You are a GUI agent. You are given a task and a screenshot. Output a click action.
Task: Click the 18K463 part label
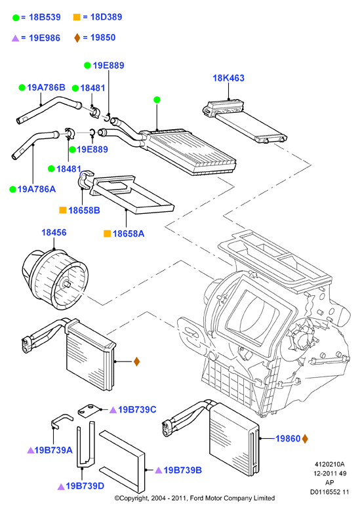coord(228,78)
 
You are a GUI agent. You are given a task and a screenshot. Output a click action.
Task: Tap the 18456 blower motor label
coord(54,233)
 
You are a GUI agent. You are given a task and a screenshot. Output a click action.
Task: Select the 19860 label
coord(288,439)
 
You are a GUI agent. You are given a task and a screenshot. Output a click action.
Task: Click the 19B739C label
coord(137,409)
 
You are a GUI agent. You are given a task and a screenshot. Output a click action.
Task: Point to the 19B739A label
coord(53,451)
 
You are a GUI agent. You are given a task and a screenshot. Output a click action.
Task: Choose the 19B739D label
coord(85,486)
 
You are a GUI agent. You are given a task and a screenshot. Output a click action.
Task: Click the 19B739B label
coord(183,470)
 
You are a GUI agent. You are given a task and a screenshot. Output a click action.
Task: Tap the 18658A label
coord(129,234)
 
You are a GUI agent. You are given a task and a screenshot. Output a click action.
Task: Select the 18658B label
coord(84,211)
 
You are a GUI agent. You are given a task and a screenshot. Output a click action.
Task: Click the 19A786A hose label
coord(37,190)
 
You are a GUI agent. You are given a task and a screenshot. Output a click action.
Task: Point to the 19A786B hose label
coord(47,88)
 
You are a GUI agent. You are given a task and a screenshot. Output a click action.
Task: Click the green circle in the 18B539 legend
coord(16,18)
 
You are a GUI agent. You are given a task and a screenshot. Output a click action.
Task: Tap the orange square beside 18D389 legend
coord(77,17)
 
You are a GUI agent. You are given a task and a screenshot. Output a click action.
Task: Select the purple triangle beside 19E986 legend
coord(15,38)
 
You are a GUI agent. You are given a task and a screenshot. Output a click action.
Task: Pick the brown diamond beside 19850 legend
coord(77,38)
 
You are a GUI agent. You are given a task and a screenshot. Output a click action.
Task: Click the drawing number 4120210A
coord(329,464)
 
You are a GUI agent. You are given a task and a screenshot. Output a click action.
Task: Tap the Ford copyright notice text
coord(195,499)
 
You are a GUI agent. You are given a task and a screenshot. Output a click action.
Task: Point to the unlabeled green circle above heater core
coord(157,100)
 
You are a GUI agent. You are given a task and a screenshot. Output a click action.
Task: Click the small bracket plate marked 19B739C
coord(89,410)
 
